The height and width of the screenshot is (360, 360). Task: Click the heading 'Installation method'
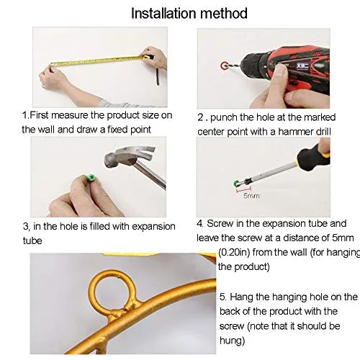pyautogui.click(x=189, y=14)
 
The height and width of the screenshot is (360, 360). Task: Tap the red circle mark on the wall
pyautogui.click(x=225, y=66)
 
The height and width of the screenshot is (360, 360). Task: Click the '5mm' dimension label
pyautogui.click(x=251, y=196)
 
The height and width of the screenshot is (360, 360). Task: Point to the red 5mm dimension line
pyautogui.click(x=244, y=191)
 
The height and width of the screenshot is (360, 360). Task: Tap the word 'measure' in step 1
pyautogui.click(x=70, y=115)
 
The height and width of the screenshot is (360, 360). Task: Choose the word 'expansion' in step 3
pyautogui.click(x=153, y=227)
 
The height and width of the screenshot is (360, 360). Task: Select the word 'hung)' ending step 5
pyautogui.click(x=232, y=341)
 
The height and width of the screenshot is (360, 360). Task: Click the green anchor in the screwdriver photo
pyautogui.click(x=237, y=184)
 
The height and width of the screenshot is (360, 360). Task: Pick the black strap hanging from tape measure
pyautogui.click(x=158, y=76)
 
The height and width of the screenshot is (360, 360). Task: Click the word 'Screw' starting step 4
pyautogui.click(x=220, y=224)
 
